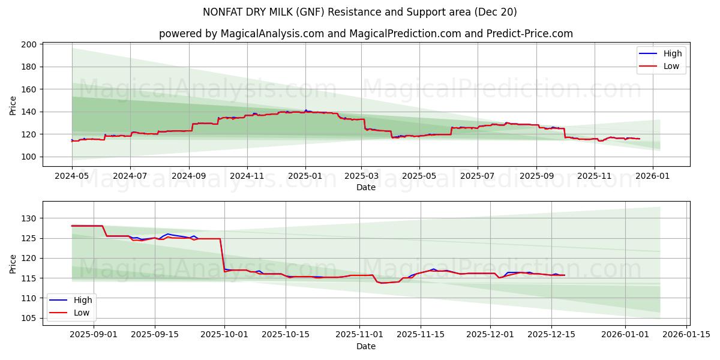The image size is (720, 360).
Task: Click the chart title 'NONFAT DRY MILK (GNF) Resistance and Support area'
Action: (x=359, y=12)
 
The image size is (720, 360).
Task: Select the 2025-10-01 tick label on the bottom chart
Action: (x=224, y=335)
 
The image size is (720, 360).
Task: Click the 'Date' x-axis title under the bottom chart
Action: (x=365, y=346)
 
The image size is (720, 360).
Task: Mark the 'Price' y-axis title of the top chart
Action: (x=13, y=106)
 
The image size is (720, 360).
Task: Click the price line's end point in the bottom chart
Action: (x=565, y=275)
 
